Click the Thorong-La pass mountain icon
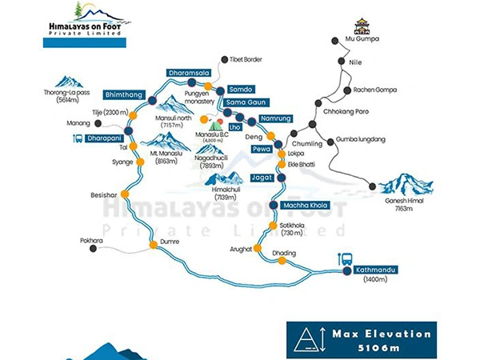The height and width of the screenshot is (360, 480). point(70,81)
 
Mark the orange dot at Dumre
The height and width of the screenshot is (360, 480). point(154,245)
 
